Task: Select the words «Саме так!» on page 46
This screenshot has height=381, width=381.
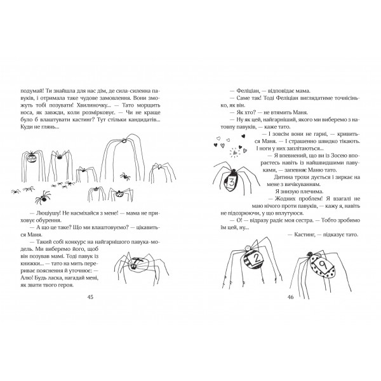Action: click(242, 98)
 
